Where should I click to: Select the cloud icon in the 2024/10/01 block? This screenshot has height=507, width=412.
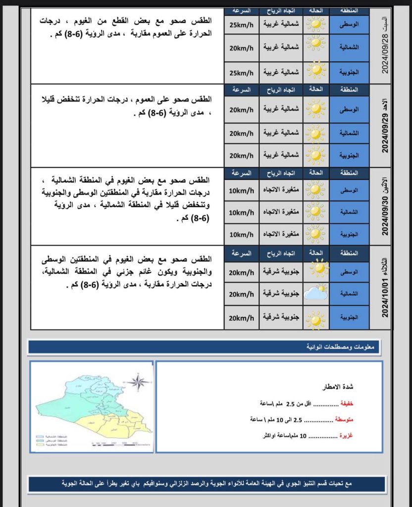pyautogui.click(x=315, y=293)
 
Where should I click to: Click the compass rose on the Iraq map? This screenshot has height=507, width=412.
pyautogui.click(x=138, y=382)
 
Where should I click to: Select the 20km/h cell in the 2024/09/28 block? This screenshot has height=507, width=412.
pyautogui.click(x=242, y=48)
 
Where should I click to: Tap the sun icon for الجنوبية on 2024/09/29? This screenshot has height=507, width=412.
pyautogui.click(x=315, y=155)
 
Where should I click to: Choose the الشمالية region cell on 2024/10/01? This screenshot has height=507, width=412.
pyautogui.click(x=349, y=294)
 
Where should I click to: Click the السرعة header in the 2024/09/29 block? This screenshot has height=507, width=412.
pyautogui.click(x=242, y=90)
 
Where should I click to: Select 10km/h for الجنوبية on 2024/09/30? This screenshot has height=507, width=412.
pyautogui.click(x=242, y=234)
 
